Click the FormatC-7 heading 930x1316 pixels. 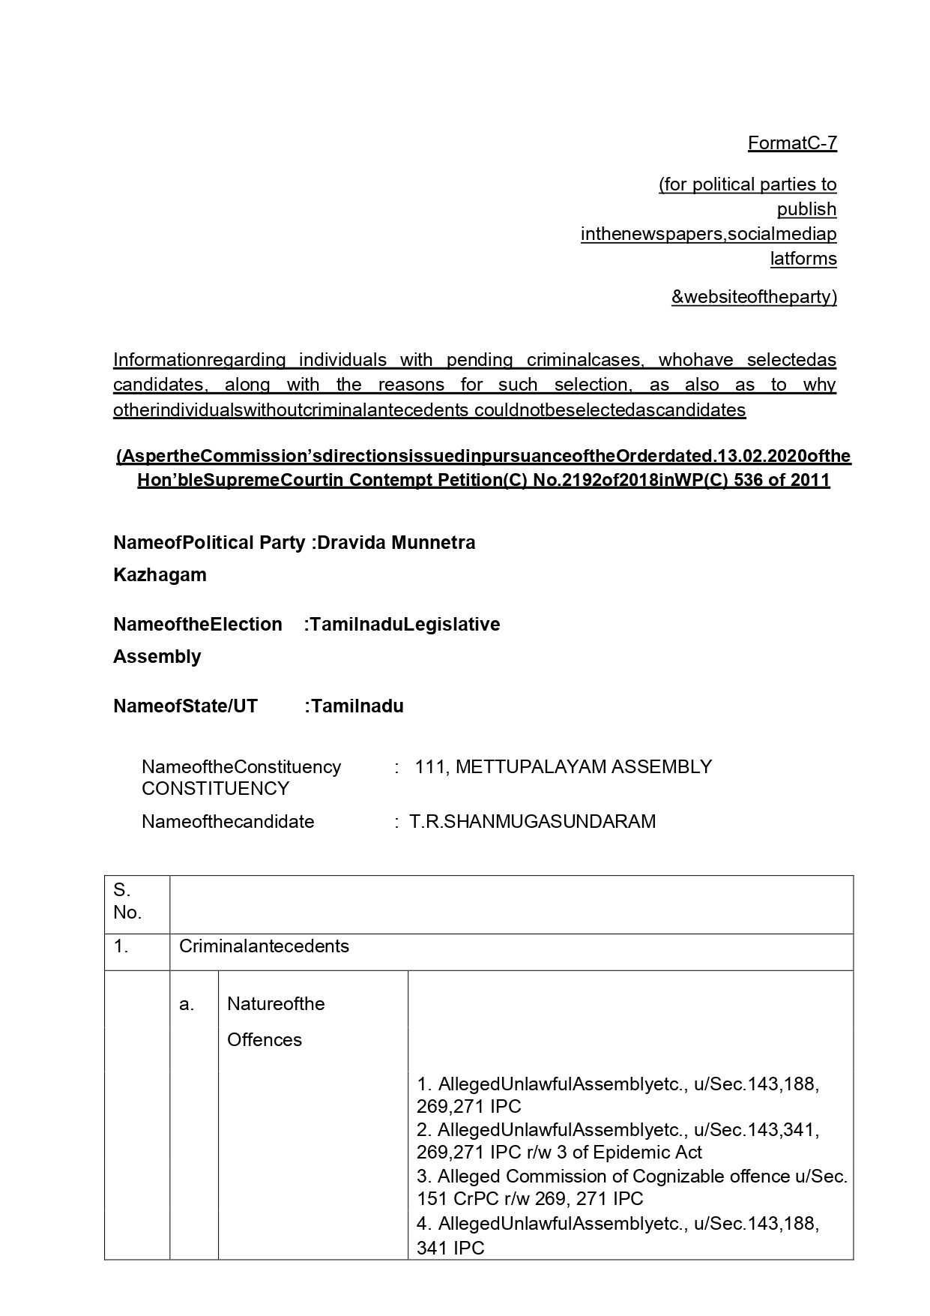791,142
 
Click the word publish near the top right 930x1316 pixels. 806,208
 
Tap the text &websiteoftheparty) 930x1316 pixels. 753,297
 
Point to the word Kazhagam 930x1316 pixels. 160,574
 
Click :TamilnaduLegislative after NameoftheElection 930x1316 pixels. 402,624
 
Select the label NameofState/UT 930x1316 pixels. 185,706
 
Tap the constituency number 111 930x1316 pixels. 429,766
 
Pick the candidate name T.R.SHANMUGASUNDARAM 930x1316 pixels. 532,821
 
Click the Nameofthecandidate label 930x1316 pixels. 228,821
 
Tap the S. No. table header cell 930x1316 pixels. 127,901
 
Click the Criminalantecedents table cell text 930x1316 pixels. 264,946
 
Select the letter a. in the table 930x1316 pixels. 187,1003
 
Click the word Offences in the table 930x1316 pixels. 265,1039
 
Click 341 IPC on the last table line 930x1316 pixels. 450,1248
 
